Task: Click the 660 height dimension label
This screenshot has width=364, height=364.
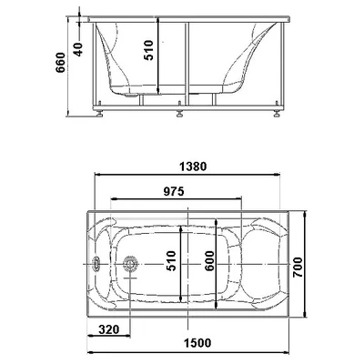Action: [60, 63]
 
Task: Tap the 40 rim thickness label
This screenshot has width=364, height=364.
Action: [78, 49]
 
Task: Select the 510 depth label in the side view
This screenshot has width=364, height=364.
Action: [148, 50]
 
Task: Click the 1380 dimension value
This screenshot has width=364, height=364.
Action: [193, 167]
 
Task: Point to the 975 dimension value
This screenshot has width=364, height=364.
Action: [174, 191]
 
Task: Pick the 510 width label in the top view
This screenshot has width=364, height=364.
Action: [171, 260]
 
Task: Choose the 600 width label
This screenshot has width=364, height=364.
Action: [209, 261]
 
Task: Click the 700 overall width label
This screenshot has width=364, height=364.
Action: [298, 268]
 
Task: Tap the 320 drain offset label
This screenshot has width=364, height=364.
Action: [108, 329]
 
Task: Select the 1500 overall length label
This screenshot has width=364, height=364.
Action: [197, 343]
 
